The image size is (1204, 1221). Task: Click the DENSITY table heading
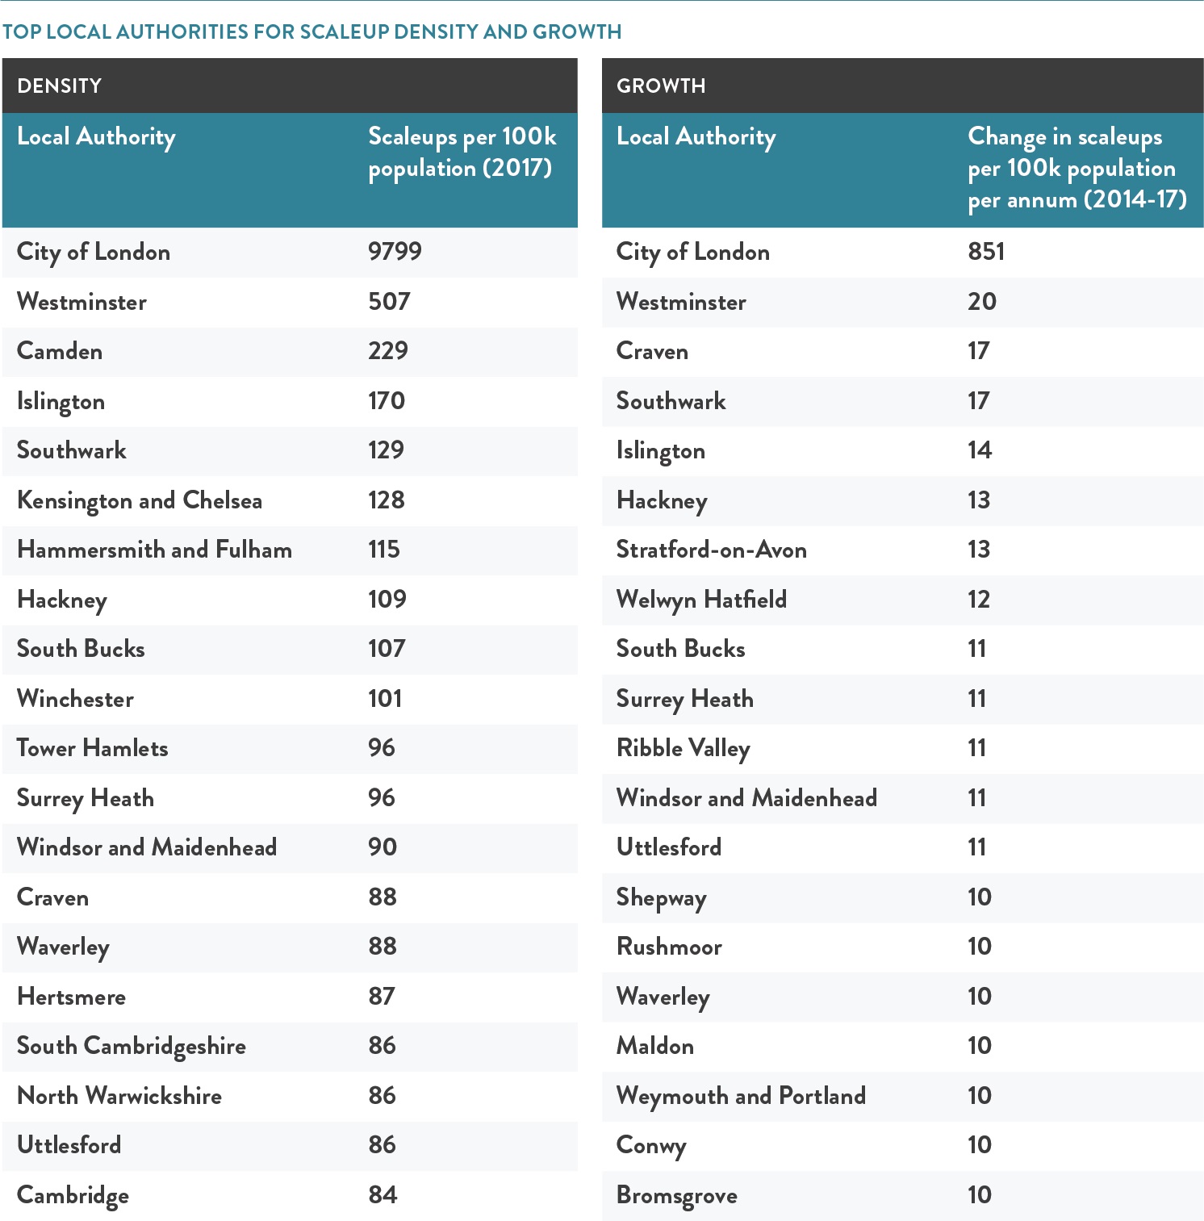point(59,86)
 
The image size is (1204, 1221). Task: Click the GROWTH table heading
point(661,86)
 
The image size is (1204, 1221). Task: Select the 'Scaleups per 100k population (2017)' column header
point(462,152)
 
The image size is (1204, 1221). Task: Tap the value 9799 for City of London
point(395,251)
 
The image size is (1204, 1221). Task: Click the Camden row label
point(60,351)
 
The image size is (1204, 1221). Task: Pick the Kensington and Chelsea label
point(140,500)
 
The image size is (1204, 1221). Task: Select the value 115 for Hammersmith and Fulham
point(384,550)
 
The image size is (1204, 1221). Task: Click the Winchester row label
point(75,699)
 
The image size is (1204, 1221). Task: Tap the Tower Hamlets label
point(93,748)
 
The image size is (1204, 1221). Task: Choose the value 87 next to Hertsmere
point(382,997)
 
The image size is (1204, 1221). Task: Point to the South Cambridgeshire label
point(132,1047)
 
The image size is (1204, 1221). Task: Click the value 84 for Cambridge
point(383,1195)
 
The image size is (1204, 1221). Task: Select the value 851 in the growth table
point(986,251)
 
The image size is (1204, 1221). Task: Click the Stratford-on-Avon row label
point(712,550)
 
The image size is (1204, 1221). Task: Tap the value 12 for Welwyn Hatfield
point(978,600)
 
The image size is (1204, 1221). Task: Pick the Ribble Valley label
point(684,749)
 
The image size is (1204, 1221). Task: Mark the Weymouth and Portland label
point(741,1096)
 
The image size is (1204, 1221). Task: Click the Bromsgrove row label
point(677,1196)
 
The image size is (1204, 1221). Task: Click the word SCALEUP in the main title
point(345,31)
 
